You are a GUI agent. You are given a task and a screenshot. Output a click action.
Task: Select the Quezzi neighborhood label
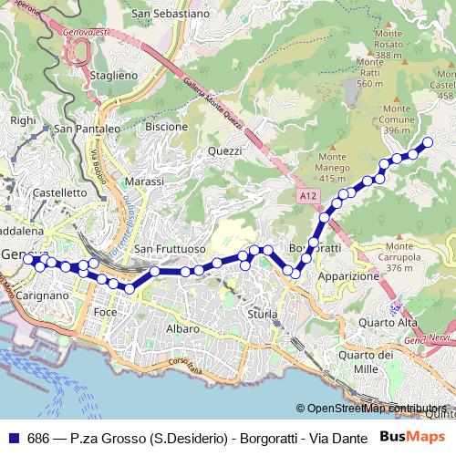coord(224,150)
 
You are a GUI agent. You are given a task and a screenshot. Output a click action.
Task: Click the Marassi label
coord(144,181)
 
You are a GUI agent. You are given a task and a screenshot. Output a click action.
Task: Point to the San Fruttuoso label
coord(170,249)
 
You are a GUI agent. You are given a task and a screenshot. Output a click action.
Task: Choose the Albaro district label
coord(182,328)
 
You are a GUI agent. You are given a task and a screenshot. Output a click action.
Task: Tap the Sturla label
coord(262,314)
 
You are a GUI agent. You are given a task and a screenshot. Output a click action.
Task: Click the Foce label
coord(106,312)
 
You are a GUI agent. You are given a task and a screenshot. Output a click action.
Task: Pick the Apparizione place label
coord(348,275)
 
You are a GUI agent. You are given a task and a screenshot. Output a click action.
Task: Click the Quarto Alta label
coord(388,322)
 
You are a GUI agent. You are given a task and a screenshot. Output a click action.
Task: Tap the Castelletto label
coord(59,193)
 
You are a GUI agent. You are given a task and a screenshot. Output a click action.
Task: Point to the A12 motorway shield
coord(307,195)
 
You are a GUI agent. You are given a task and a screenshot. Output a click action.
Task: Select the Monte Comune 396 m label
coord(397,119)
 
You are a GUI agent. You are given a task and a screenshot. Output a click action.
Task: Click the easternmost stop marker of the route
coord(427,141)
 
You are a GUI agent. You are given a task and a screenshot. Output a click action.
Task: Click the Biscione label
coord(166,127)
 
